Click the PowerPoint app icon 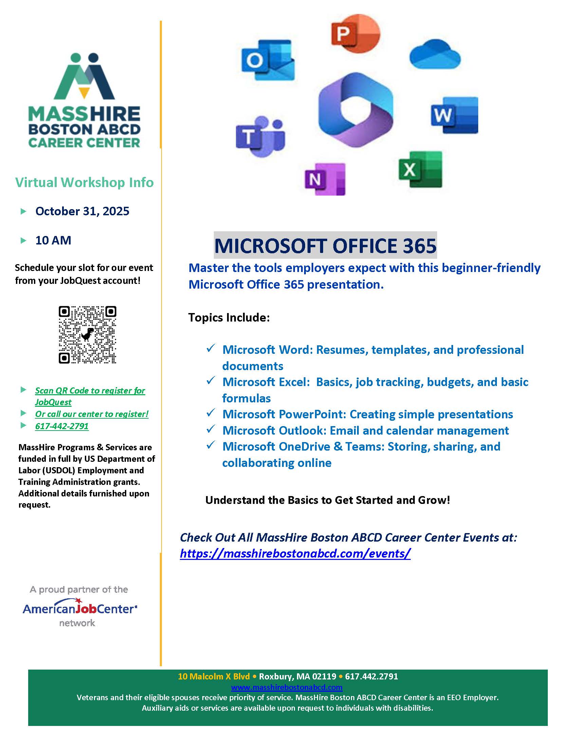point(355,33)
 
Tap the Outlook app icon point(268,60)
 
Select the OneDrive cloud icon point(435,55)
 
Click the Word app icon point(454,115)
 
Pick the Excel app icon point(420,169)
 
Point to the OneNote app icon point(325,179)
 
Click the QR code point(88,334)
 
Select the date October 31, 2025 point(82,211)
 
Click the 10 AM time point(53,240)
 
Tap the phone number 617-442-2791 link point(62,426)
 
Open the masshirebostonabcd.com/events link point(295,553)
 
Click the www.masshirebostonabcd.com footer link point(286,687)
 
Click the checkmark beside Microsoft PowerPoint point(210,413)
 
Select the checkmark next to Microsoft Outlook point(210,429)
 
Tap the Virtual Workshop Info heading point(85,182)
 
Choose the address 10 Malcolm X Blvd point(213,676)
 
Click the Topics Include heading point(229,317)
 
